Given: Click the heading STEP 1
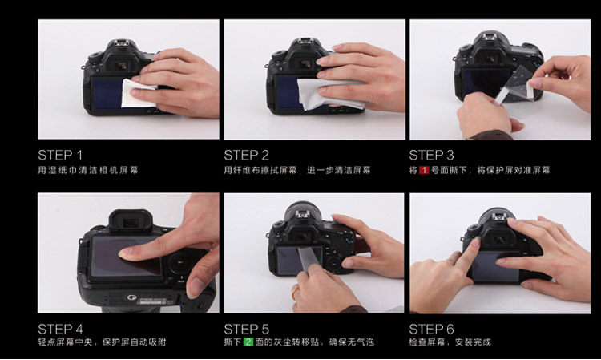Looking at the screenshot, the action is tap(60, 156).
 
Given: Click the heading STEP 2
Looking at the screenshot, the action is tap(247, 156).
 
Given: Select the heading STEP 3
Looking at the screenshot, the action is tap(431, 156).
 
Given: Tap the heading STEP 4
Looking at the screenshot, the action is tap(60, 329).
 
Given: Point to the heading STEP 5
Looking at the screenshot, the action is tap(247, 329).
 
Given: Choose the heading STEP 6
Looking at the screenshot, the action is tap(431, 329).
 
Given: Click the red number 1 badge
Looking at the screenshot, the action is tap(424, 170).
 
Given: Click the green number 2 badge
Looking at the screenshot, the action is tap(248, 342).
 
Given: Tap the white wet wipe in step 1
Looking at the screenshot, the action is tap(135, 93).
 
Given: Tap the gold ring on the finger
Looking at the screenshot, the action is tap(295, 292).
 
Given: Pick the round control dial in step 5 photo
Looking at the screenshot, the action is tap(334, 263).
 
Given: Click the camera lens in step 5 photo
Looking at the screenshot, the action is tap(303, 208).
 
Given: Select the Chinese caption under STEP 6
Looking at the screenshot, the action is tap(450, 342).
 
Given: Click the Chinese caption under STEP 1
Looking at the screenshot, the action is tap(88, 170).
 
